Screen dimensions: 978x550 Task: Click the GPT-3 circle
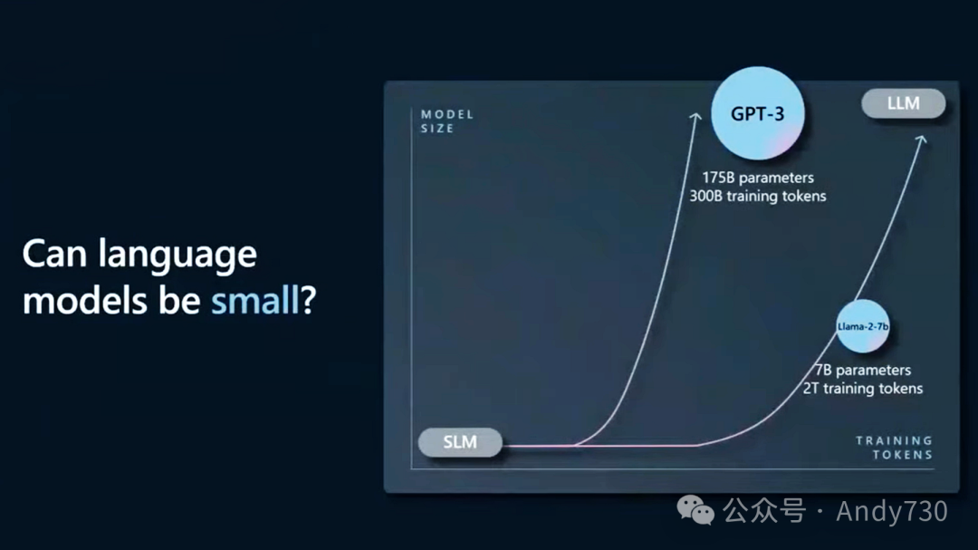click(757, 113)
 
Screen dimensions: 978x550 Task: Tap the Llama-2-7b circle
click(863, 326)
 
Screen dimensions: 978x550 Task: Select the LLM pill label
click(903, 103)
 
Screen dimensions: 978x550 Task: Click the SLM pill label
click(460, 442)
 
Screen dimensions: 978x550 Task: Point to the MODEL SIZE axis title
click(447, 121)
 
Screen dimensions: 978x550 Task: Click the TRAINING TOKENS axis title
click(895, 448)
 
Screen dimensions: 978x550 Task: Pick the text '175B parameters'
click(758, 178)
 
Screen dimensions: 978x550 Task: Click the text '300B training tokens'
click(758, 196)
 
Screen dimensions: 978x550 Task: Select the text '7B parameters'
click(863, 371)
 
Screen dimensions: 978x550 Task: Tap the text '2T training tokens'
click(863, 389)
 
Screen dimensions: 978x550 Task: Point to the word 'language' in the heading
click(177, 256)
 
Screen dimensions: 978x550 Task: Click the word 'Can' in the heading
click(54, 254)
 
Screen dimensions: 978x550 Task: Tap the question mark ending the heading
click(309, 300)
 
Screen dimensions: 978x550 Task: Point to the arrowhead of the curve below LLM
click(922, 140)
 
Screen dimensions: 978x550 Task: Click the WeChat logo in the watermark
click(695, 510)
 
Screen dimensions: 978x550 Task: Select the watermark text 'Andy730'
click(892, 511)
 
